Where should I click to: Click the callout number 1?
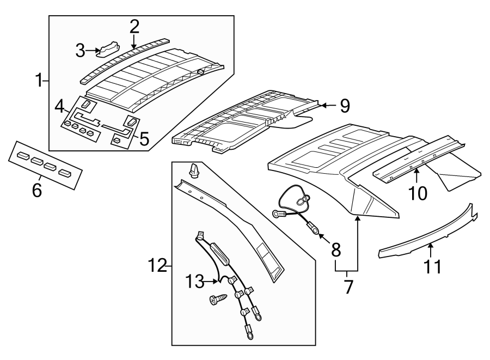click(39, 81)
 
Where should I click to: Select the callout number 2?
click(134, 25)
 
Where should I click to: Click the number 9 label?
click(345, 106)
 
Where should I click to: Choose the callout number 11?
click(433, 267)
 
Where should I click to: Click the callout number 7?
click(348, 285)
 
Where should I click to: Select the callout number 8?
click(336, 250)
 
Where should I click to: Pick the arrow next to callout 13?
click(213, 281)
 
